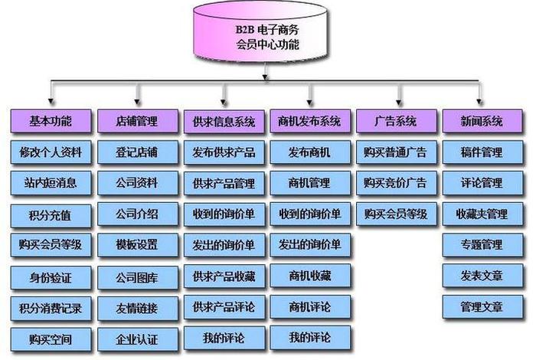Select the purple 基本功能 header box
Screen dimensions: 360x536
point(51,121)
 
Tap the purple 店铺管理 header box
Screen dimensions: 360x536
point(137,121)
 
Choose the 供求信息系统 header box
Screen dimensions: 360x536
point(224,121)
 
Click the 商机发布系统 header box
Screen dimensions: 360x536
point(309,121)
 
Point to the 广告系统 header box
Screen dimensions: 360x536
point(396,121)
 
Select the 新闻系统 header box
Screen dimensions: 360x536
point(482,121)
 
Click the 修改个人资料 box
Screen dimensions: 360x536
point(51,152)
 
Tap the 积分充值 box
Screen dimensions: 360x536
point(51,214)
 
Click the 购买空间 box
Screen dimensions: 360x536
point(51,338)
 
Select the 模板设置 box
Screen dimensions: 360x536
point(137,245)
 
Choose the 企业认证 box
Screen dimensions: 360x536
point(137,338)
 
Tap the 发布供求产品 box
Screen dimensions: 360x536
point(224,152)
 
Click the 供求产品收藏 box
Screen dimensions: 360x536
point(224,276)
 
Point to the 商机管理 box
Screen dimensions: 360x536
point(309,183)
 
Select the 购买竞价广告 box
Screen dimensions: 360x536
point(396,183)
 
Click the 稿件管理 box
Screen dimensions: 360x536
point(482,152)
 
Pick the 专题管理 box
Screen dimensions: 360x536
point(482,245)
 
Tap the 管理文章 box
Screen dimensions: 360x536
point(482,306)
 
